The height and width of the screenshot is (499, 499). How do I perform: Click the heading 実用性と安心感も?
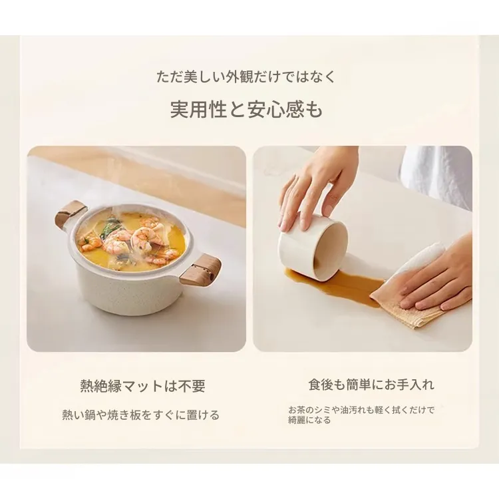pos(247,109)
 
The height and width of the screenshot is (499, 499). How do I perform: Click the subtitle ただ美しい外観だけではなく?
pos(246,77)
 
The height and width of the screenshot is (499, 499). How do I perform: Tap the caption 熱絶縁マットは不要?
pos(143,386)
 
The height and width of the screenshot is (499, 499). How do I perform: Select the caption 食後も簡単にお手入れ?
pos(371,385)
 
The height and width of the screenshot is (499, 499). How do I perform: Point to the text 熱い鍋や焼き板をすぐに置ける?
pos(141,415)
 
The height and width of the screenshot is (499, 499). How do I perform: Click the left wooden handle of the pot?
pos(71,212)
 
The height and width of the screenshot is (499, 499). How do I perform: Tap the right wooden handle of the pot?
pos(200,270)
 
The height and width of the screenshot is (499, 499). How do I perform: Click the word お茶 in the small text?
pos(299,410)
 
